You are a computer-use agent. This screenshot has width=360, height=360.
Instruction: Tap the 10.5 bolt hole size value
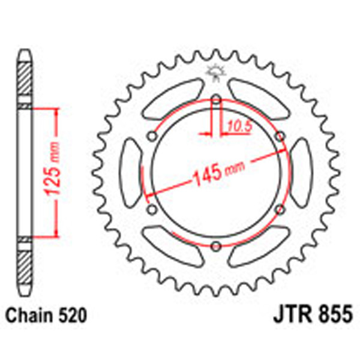236,126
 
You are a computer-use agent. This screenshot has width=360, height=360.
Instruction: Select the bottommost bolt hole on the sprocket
215,244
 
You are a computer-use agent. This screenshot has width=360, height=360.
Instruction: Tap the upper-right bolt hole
278,137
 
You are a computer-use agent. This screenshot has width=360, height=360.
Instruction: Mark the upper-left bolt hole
152,137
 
